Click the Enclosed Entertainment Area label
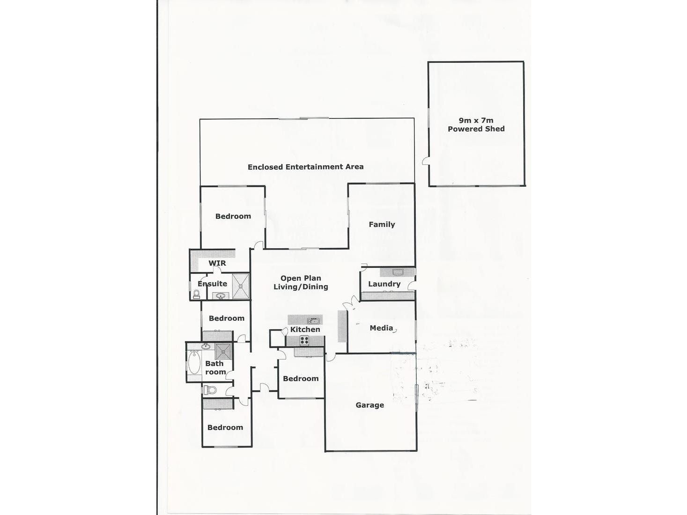pos(305,167)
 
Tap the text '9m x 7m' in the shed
pos(476,120)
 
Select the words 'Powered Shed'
pos(476,129)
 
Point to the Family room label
pos(382,224)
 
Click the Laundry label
pos(384,284)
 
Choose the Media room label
pos(381,328)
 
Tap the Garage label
pos(369,405)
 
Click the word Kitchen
pos(305,329)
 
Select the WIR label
pos(217,263)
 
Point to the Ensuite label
pos(212,284)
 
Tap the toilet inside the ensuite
pos(197,294)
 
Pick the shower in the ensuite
pos(241,286)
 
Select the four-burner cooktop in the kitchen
pos(304,340)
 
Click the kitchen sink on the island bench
pos(313,321)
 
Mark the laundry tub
pos(398,272)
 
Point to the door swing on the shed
pos(426,161)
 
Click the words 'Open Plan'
pos(301,278)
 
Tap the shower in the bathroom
pos(223,350)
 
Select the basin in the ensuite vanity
pos(220,295)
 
